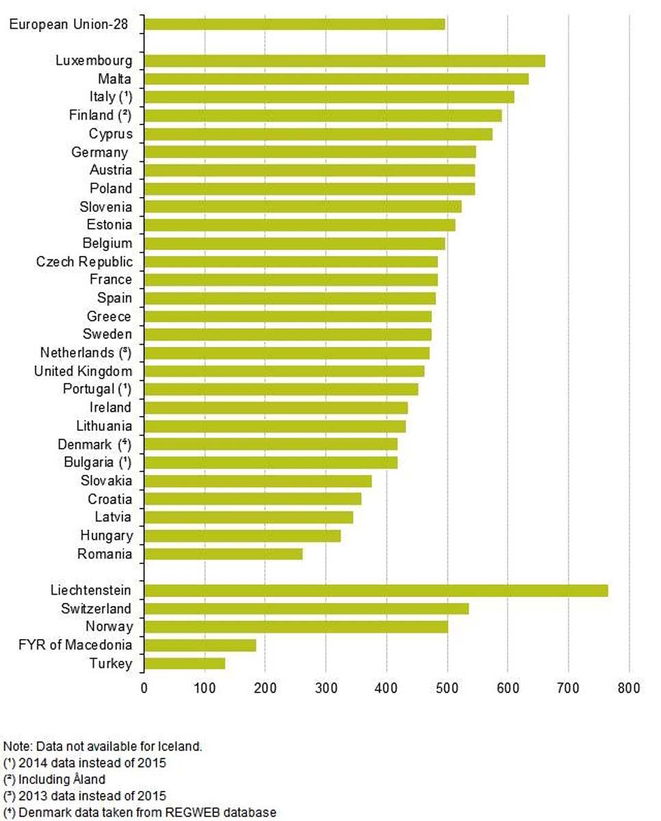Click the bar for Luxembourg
tap(345, 61)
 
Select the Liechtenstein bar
tap(376, 590)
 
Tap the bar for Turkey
tap(185, 663)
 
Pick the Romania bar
tap(223, 553)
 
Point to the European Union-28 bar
tap(294, 25)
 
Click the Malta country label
tap(115, 79)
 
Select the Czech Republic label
tap(84, 261)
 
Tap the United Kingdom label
tap(83, 371)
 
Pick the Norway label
tap(109, 626)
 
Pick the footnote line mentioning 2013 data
tap(85, 796)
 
